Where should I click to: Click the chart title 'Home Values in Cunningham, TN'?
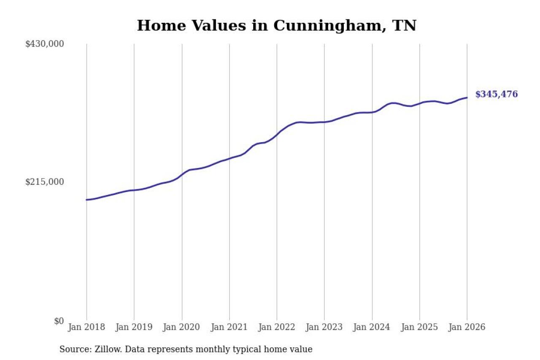(276, 25)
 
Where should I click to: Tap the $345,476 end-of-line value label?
(496, 94)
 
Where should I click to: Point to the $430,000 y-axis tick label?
(45, 44)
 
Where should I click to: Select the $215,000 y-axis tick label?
(45, 182)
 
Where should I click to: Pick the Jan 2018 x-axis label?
(86, 327)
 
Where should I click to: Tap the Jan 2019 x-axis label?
(134, 327)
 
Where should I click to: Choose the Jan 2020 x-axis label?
(182, 327)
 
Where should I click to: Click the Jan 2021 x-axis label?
(229, 327)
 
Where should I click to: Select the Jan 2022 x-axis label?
(277, 327)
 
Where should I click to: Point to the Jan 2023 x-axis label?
(324, 327)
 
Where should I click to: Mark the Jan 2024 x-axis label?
(372, 327)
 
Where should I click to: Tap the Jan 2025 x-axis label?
(420, 327)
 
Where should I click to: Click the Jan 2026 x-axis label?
(467, 327)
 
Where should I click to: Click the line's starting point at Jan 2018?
(86, 200)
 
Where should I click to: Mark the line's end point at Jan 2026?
(467, 97)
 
